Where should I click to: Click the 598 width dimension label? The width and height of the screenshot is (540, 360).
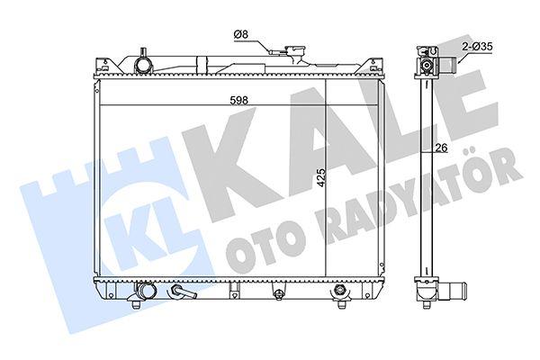click(239, 100)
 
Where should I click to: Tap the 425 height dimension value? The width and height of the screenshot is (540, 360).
click(321, 178)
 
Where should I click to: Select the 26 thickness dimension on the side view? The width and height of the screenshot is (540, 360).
click(442, 148)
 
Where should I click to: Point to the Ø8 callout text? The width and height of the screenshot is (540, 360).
click(240, 34)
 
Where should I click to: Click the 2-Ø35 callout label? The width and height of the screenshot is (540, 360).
click(477, 46)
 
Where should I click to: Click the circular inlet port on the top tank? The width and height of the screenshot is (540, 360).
click(142, 65)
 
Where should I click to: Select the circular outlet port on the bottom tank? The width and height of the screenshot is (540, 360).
click(145, 290)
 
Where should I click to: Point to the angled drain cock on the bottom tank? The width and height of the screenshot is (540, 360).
click(182, 292)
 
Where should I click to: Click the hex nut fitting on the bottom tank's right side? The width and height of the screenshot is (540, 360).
click(340, 290)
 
